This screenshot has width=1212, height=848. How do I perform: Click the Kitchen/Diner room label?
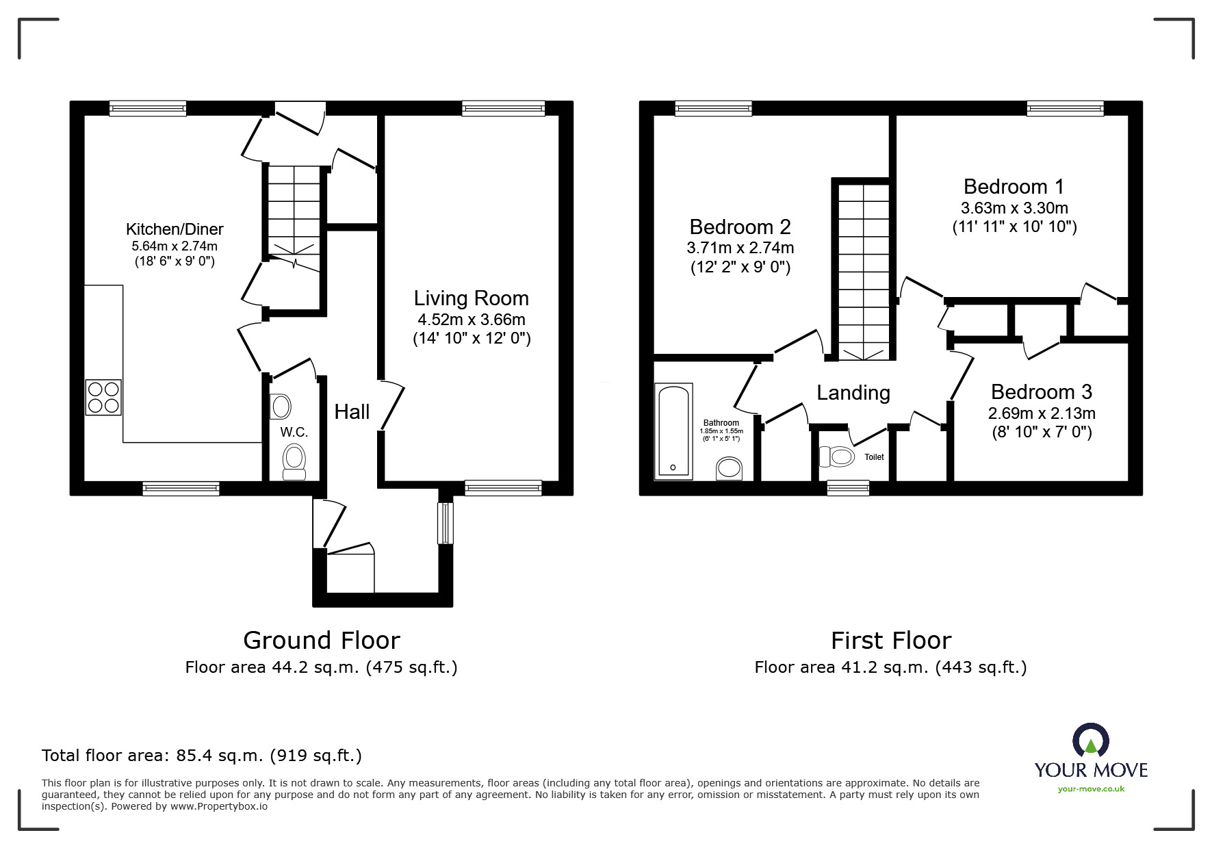175,229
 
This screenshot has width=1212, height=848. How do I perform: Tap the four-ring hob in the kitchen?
103,397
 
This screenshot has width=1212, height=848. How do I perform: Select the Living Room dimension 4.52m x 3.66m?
472,319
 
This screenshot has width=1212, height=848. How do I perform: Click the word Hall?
352,411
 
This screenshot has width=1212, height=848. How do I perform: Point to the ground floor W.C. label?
294,433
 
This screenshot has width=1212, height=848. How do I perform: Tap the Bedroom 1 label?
1014,186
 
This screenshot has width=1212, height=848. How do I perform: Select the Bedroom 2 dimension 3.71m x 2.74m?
740,247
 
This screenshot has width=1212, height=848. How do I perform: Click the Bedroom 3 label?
1041,391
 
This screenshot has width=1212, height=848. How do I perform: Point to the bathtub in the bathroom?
674,431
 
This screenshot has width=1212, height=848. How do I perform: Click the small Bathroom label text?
721,423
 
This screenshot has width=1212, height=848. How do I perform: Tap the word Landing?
853,392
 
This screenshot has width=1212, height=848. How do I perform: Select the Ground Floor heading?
321,640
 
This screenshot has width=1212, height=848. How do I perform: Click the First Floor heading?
890,640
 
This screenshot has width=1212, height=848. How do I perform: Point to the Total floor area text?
202,756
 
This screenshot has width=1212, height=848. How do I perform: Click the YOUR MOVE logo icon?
1090,742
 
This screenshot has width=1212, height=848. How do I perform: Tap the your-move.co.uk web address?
1091,789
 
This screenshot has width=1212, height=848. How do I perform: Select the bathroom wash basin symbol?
729,470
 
